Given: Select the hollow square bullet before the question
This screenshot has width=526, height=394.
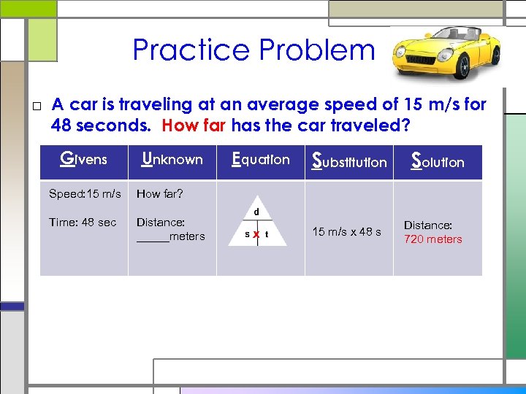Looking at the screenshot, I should click(x=37, y=107).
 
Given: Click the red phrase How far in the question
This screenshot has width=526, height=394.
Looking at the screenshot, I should click(x=194, y=125).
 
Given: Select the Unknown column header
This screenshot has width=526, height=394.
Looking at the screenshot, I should click(x=172, y=159).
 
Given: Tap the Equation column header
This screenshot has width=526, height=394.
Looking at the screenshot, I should click(x=260, y=159).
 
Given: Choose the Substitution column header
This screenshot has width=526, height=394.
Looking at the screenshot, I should click(x=349, y=161).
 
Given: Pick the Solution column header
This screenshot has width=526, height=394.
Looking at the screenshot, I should click(x=438, y=161).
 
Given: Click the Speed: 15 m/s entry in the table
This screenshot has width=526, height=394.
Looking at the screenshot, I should click(x=85, y=194).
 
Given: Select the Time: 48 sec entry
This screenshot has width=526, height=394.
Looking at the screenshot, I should click(x=83, y=223).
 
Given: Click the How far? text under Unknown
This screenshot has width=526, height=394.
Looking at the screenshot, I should click(x=160, y=194).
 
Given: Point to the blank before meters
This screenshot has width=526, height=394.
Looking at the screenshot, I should click(x=152, y=237).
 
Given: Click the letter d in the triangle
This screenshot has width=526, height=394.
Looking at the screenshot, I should click(x=256, y=212).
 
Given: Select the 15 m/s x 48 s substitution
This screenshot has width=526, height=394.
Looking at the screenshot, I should click(x=346, y=232).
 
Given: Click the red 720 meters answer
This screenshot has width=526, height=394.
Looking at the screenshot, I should click(x=433, y=239).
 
